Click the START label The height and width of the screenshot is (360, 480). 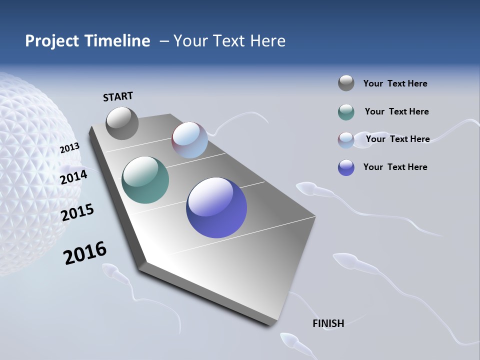[118, 96]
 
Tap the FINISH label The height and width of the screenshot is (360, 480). [328, 323]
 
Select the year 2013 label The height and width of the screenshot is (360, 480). [69, 148]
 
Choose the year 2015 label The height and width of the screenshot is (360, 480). [77, 212]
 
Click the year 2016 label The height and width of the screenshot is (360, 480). [85, 253]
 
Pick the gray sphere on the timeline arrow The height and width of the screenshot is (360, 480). [122, 123]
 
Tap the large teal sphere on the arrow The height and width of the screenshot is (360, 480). [145, 180]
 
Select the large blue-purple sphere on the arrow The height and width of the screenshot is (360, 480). [216, 207]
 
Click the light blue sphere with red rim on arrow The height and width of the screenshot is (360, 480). [189, 140]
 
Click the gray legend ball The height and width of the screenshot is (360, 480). [346, 83]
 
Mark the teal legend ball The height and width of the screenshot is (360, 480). [346, 112]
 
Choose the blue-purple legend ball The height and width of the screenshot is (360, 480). [346, 167]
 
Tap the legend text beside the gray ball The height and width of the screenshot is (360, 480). [395, 83]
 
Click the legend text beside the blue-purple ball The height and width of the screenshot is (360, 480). [395, 167]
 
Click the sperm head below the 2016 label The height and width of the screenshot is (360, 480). [110, 271]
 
